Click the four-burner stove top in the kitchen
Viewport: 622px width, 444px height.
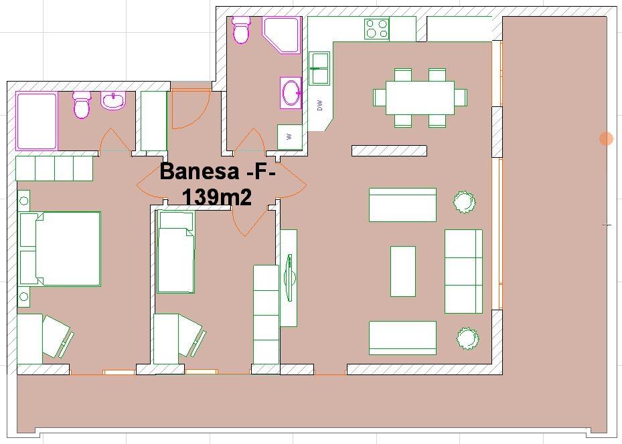[x=376, y=29]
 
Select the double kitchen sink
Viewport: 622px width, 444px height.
[x=319, y=68]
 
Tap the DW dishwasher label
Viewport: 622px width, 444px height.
[x=320, y=105]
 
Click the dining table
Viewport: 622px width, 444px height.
[x=420, y=98]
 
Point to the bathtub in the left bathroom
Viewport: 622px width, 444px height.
[x=37, y=121]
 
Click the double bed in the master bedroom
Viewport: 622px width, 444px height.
[x=60, y=249]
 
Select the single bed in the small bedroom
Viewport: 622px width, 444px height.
[x=176, y=252]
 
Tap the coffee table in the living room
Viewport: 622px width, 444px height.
[x=403, y=271]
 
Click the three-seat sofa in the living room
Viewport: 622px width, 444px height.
[x=463, y=271]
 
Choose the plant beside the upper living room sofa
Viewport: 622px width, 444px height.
[x=464, y=202]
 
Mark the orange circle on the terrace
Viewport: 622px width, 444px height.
[x=606, y=138]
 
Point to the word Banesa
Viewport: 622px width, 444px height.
[x=200, y=172]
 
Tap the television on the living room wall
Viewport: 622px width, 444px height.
[x=290, y=277]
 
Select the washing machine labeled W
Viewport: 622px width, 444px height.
[x=289, y=137]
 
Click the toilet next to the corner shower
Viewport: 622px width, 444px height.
[x=241, y=29]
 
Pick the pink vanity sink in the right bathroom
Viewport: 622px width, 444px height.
[x=291, y=93]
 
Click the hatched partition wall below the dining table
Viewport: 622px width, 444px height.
[x=389, y=150]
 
